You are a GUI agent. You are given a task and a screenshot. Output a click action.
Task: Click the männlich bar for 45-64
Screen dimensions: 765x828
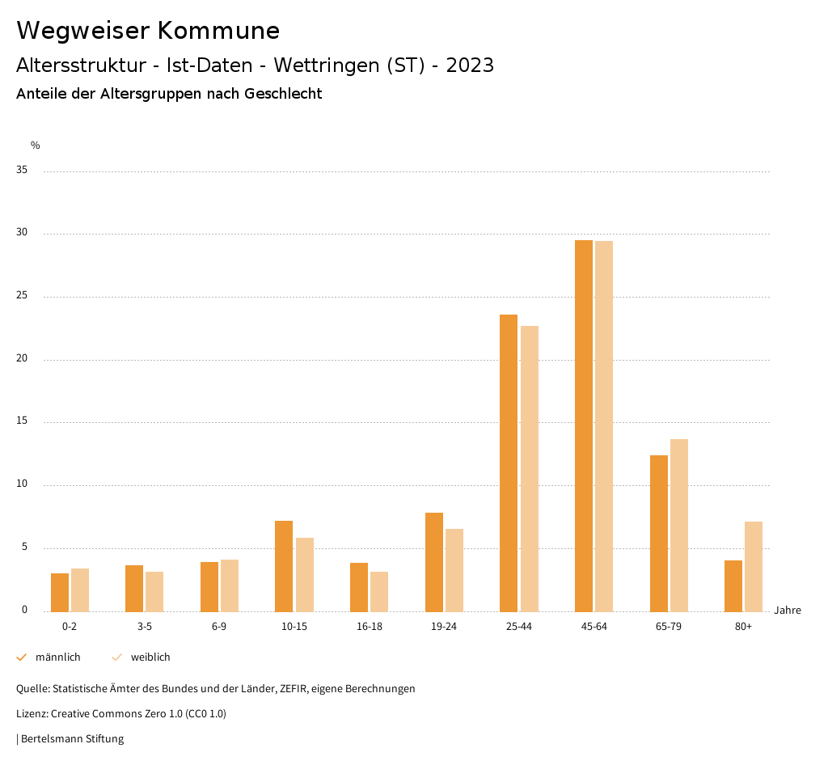(x=584, y=425)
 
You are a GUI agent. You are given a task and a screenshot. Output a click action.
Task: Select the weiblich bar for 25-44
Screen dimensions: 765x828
(x=530, y=468)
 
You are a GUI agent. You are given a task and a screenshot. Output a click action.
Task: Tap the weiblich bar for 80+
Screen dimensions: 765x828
(x=754, y=566)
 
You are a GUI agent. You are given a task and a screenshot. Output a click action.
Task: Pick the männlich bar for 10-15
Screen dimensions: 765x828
(x=284, y=566)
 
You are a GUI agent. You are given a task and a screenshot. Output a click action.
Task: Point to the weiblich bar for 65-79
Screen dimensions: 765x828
(x=679, y=525)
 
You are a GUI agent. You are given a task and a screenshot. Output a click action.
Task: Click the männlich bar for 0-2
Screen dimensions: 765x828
(x=60, y=592)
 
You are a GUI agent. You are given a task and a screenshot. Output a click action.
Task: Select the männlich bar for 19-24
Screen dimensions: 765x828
(x=434, y=562)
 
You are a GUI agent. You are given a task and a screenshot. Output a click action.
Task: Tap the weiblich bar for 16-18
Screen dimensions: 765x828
(x=379, y=591)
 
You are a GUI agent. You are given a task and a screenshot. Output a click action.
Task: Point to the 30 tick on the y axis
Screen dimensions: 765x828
(x=22, y=233)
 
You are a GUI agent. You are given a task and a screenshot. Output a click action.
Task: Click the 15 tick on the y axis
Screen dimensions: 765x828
(x=22, y=421)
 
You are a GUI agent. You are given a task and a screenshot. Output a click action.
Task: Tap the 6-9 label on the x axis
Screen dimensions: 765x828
(x=219, y=627)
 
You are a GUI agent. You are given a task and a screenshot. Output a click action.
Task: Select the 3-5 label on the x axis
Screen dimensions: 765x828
(x=144, y=627)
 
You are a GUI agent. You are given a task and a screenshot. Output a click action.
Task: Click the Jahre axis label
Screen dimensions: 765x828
(x=787, y=611)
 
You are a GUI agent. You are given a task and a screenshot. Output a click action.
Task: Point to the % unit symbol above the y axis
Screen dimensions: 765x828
(x=35, y=146)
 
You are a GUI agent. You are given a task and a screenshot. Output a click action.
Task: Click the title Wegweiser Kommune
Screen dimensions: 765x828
(x=148, y=31)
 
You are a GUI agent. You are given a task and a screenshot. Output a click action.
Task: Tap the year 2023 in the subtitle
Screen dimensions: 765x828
(x=470, y=66)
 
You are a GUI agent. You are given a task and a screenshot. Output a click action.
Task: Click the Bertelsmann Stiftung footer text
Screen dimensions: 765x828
(x=72, y=739)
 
